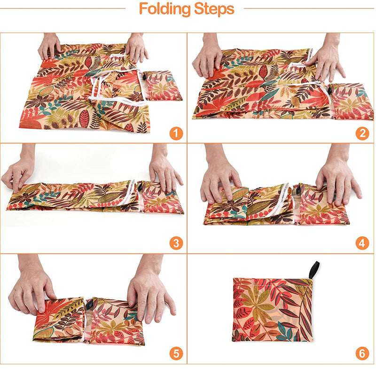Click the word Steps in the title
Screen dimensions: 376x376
click(x=214, y=8)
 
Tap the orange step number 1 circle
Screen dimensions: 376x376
click(x=176, y=133)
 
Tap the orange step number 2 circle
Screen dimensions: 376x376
click(x=362, y=133)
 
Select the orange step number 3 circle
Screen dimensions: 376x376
click(x=176, y=243)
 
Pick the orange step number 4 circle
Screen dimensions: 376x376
click(x=362, y=243)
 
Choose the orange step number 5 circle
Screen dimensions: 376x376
click(x=176, y=353)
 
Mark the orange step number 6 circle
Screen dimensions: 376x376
click(x=362, y=353)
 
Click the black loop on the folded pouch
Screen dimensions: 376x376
click(x=314, y=269)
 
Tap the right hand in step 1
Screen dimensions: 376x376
click(x=136, y=47)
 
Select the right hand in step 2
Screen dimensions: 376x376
click(x=329, y=57)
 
